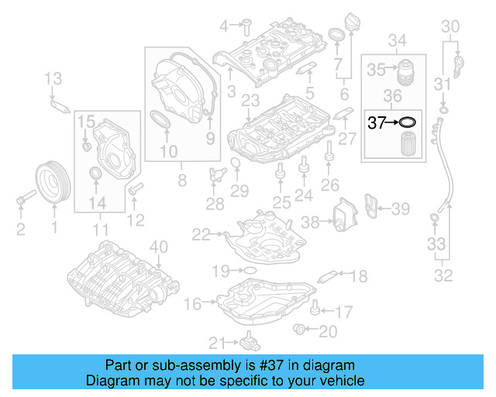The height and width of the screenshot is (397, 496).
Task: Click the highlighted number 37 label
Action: click(376, 122)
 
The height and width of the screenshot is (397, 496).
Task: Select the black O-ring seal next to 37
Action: click(407, 122)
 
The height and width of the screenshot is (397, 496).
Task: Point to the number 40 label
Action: click(157, 247)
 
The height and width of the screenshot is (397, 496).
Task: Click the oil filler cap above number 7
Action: click(338, 37)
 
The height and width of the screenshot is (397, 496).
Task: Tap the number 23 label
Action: click(249, 101)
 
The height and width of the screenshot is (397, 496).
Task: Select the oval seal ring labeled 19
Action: click(248, 270)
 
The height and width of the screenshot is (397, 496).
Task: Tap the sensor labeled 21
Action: click(250, 341)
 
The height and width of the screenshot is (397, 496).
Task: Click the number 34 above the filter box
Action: click(397, 40)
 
